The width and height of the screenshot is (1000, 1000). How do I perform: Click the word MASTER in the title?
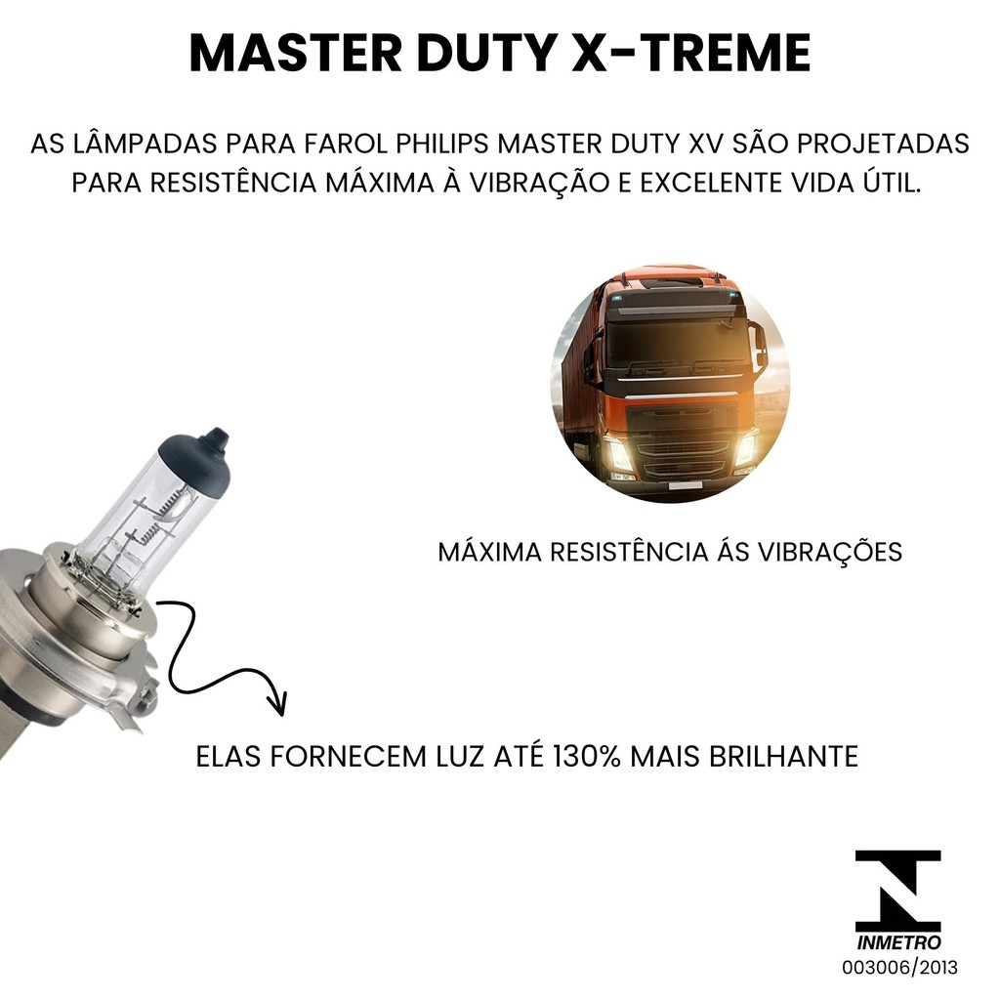pyautogui.click(x=295, y=53)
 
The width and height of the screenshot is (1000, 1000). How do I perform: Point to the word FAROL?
pyautogui.click(x=345, y=145)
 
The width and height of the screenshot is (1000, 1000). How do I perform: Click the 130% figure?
pyautogui.click(x=587, y=757)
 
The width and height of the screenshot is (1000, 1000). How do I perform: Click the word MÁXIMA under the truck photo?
pyautogui.click(x=490, y=553)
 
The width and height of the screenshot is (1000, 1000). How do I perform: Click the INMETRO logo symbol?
pyautogui.click(x=898, y=891)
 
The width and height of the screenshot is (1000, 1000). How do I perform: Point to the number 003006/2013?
pyautogui.click(x=899, y=968)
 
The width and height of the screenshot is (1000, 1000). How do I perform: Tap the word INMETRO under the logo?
pyautogui.click(x=898, y=942)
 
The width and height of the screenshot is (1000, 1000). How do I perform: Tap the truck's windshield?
pyautogui.click(x=678, y=341)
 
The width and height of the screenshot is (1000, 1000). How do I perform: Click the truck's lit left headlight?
pyautogui.click(x=617, y=453)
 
